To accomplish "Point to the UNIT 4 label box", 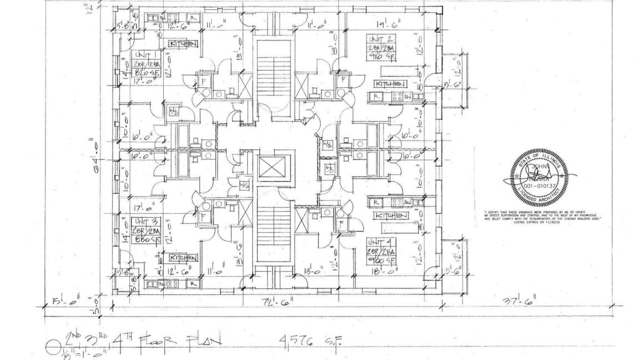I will click(x=380, y=249).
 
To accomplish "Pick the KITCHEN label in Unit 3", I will click(x=183, y=258).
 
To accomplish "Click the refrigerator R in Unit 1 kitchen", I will click(x=193, y=17).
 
